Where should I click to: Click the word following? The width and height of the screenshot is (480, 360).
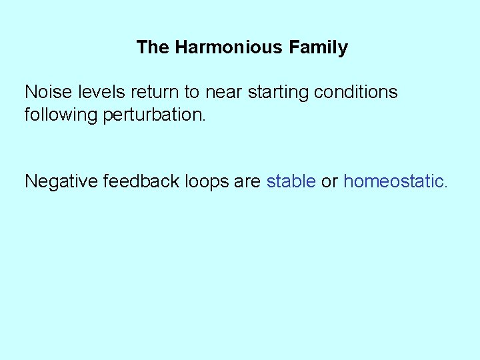61,115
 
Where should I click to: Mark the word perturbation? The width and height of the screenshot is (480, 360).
153,115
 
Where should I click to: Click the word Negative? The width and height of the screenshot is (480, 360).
61,181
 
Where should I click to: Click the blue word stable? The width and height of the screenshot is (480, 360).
291,181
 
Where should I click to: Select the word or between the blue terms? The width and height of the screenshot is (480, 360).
329,181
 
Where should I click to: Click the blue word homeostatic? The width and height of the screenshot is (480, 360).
393,181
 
